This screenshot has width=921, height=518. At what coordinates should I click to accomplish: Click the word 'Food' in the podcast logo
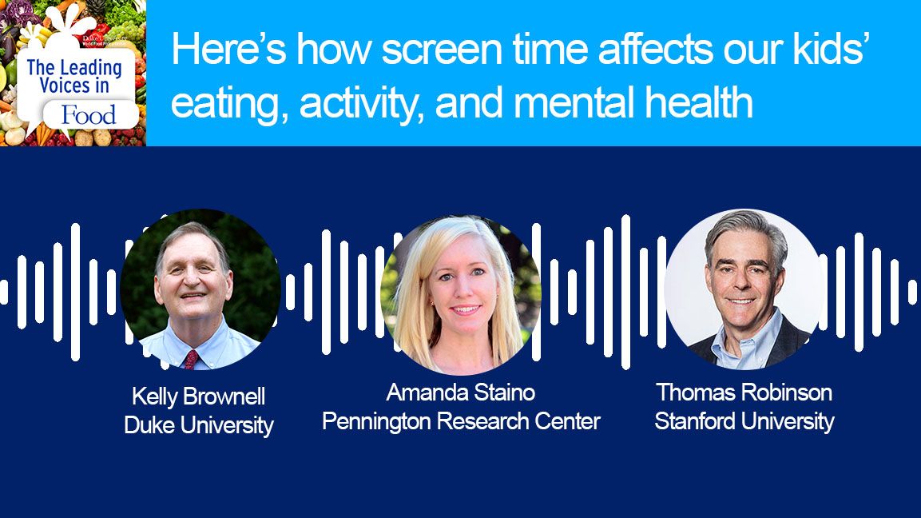click(x=89, y=115)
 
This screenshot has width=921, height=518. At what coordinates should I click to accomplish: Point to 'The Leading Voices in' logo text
click(x=73, y=76)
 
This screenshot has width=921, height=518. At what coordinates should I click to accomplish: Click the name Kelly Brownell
click(x=198, y=396)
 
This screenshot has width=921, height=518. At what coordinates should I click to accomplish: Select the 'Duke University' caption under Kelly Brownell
click(x=198, y=425)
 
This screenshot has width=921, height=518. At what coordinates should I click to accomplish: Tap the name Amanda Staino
click(x=460, y=392)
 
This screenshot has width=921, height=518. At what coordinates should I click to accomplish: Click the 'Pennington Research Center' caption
click(x=460, y=421)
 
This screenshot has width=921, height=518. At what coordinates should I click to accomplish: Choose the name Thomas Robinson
click(x=744, y=392)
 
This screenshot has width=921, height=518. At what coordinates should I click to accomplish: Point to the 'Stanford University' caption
click(x=744, y=421)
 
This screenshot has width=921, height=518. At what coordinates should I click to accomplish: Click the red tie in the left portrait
click(x=191, y=358)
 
